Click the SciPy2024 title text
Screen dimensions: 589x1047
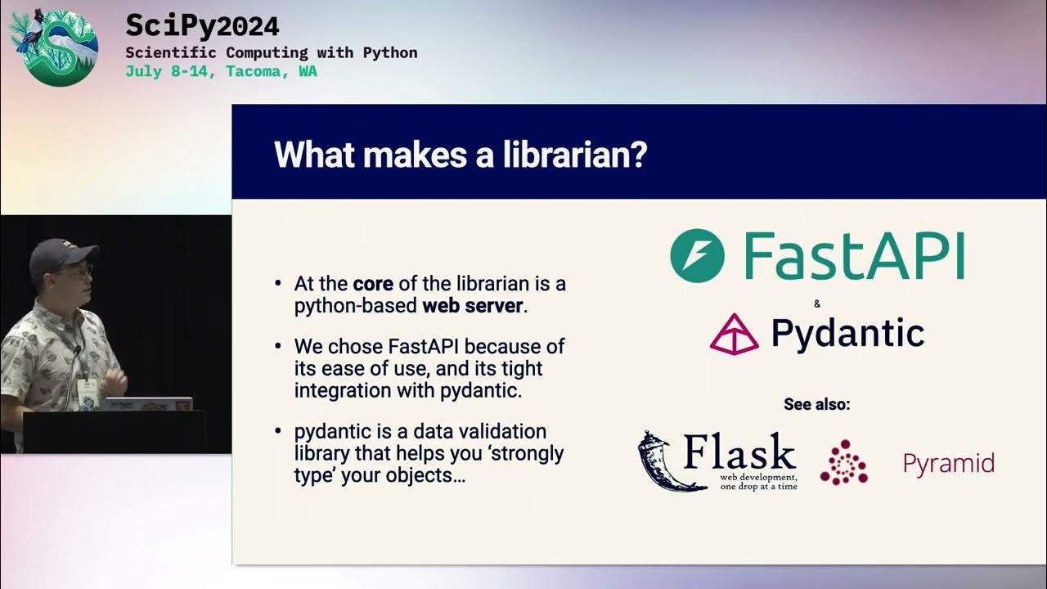tap(202, 26)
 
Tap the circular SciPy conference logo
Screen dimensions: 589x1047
tap(54, 47)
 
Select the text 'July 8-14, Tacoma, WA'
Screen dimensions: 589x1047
tap(221, 71)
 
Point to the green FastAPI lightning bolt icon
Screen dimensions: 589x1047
tap(697, 256)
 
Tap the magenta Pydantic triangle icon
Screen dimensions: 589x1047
tap(734, 334)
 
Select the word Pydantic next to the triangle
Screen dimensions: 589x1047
tap(847, 333)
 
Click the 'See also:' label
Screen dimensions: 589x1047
tap(816, 404)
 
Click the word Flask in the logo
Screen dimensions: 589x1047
tap(739, 452)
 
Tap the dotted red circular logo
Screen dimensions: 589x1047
tap(843, 462)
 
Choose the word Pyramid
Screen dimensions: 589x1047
tap(948, 464)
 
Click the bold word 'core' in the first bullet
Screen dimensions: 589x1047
tap(373, 285)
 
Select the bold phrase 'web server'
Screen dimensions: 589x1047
tap(472, 307)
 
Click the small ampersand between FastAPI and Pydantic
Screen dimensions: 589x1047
tap(817, 304)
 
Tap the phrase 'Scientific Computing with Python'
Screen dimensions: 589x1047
tap(272, 52)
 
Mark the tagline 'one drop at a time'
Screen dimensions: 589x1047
tap(758, 486)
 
